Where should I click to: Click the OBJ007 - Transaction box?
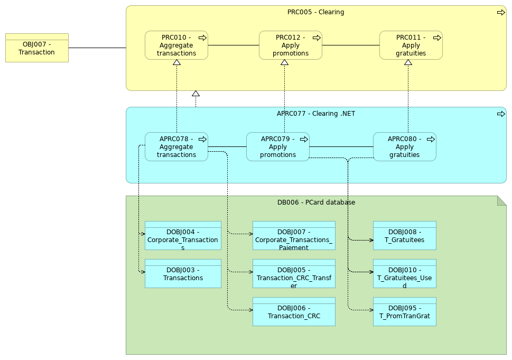point(36,48)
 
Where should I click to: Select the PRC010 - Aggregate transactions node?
point(176,45)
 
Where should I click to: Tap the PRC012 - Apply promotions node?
point(290,45)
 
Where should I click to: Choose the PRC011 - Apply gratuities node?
point(411,45)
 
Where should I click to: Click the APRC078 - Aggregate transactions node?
point(176,147)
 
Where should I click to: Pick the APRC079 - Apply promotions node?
point(277,147)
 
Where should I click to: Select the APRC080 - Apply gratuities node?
point(404,147)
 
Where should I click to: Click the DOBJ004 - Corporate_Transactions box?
point(183,236)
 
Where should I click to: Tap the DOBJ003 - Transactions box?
point(183,274)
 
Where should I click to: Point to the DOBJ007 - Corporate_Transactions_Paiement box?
point(294,236)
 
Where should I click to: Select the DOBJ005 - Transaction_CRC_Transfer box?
point(294,274)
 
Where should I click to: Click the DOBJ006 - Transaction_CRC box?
point(294,312)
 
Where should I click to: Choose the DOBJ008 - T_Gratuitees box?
point(404,236)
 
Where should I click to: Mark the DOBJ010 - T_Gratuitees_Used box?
point(404,274)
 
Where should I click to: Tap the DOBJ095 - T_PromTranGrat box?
point(404,312)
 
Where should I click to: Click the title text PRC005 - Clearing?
point(315,12)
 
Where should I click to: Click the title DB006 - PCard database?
point(316,202)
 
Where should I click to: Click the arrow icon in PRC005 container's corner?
point(500,13)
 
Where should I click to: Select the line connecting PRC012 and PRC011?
point(350,45)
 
